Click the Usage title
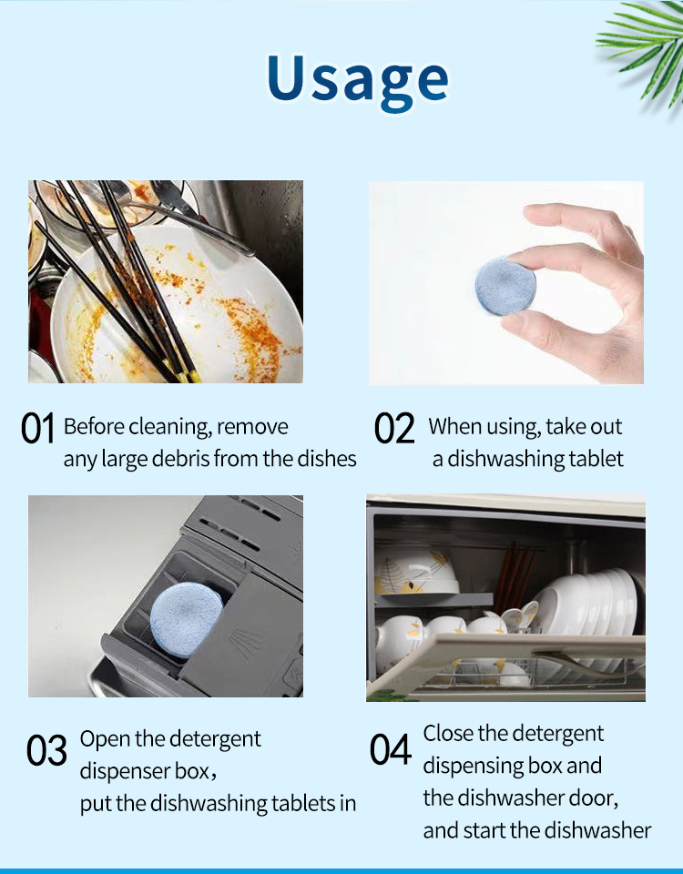click(x=357, y=81)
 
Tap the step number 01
click(x=38, y=428)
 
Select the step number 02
click(x=394, y=428)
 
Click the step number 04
click(x=391, y=749)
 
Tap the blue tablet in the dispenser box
click(x=186, y=619)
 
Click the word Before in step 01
click(x=94, y=426)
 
